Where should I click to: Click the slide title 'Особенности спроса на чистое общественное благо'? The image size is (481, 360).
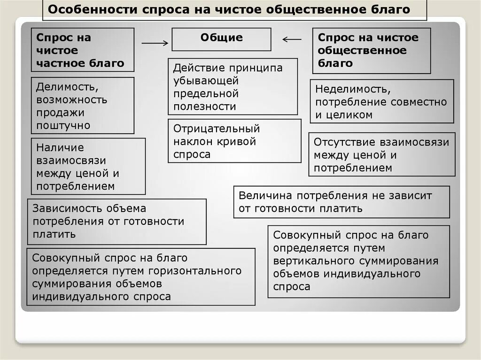(x=230, y=10)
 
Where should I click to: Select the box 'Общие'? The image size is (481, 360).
(x=221, y=39)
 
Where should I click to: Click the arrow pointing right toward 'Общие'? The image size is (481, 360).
(x=155, y=43)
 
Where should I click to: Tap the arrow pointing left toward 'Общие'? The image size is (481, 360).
(x=292, y=39)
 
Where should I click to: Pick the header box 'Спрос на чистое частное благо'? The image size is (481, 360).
(x=83, y=50)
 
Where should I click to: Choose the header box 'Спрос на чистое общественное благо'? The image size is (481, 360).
(x=372, y=50)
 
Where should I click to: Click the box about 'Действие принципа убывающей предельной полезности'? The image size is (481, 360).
(x=233, y=87)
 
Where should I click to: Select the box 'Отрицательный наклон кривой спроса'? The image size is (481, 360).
(x=234, y=141)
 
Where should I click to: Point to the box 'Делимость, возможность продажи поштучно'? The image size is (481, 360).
(x=83, y=106)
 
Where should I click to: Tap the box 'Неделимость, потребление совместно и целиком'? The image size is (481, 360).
(x=382, y=101)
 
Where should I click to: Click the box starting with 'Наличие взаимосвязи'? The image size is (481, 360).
(x=88, y=167)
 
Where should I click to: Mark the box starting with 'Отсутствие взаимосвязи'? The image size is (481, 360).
(x=382, y=154)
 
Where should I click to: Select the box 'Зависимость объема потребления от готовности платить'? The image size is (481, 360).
(x=116, y=221)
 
